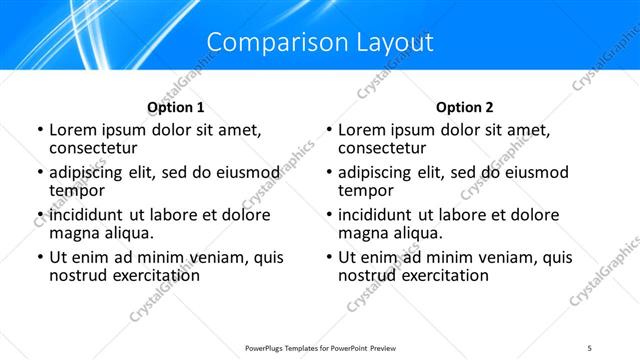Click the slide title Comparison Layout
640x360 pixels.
pos(320,42)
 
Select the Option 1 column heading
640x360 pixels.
pos(175,107)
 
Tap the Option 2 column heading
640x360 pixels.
pos(465,107)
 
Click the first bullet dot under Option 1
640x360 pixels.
pos(39,130)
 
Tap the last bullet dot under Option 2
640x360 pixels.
pos(328,258)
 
